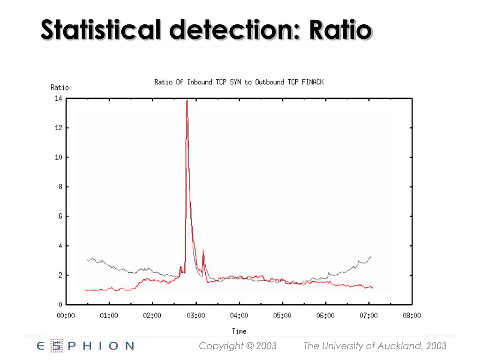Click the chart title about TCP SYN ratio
click(x=239, y=82)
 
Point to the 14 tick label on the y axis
click(x=59, y=98)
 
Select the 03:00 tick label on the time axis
click(x=196, y=315)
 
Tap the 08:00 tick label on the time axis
click(x=412, y=315)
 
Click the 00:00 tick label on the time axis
click(x=66, y=315)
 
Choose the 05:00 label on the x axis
click(x=282, y=315)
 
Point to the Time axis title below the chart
click(x=239, y=331)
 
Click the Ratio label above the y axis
click(x=60, y=88)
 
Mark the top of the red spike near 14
click(x=187, y=100)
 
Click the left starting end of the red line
click(x=85, y=290)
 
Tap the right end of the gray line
click(x=371, y=257)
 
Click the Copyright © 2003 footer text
click(x=238, y=346)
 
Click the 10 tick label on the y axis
click(x=59, y=157)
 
